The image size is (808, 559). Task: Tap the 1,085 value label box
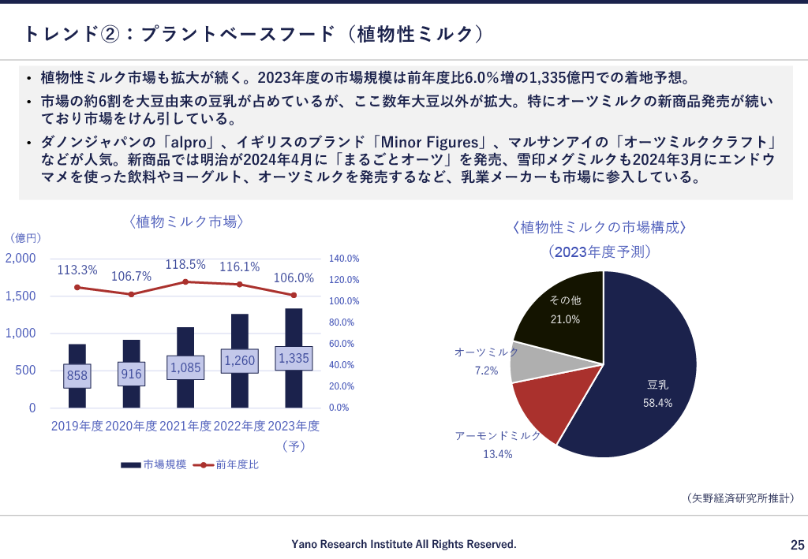click(x=185, y=367)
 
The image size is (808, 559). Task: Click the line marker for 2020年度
click(x=131, y=294)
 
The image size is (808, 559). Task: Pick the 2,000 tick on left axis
click(x=21, y=258)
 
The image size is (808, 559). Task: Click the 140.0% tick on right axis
click(x=344, y=259)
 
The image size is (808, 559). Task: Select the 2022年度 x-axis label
click(x=240, y=426)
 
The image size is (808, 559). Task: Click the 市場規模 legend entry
click(x=154, y=465)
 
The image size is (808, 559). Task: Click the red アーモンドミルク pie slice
click(x=544, y=406)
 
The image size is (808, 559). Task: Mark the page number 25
click(x=797, y=545)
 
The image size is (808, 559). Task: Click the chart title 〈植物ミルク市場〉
click(x=185, y=222)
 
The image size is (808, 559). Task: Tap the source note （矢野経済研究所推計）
click(x=740, y=498)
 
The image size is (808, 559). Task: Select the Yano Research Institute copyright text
click(x=404, y=544)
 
